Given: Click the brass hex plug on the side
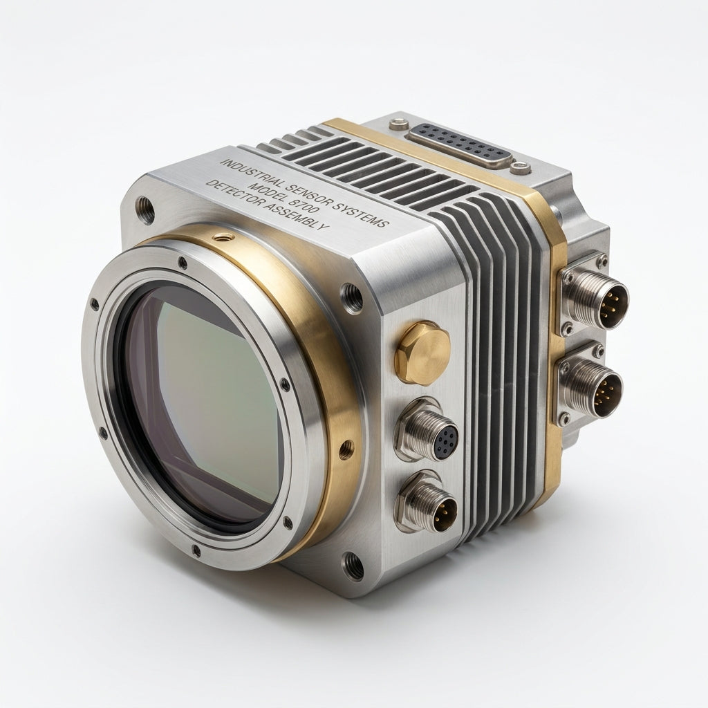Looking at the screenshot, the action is pyautogui.click(x=422, y=353).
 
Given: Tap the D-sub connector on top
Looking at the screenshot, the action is pyautogui.click(x=460, y=146).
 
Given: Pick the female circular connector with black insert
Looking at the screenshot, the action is pyautogui.click(x=427, y=429).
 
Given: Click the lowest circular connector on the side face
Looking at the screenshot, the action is pyautogui.click(x=425, y=502).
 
